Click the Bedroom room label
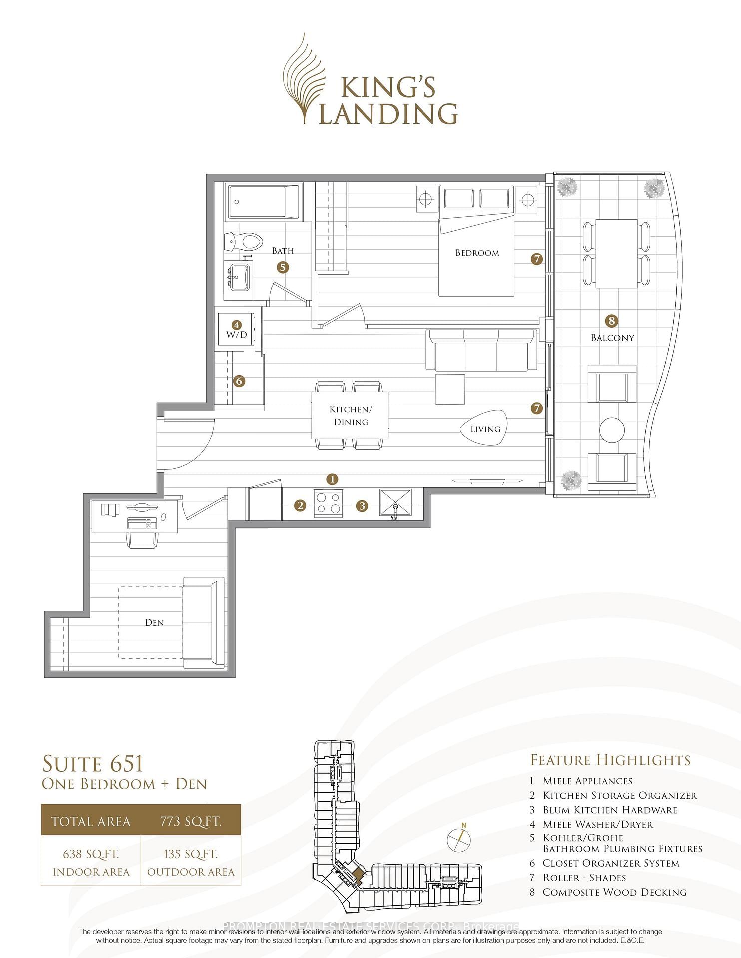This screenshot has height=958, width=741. point(477,253)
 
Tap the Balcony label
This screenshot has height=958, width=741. point(612,338)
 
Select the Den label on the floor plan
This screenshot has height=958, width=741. point(154,622)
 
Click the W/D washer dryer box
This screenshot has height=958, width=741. point(237,330)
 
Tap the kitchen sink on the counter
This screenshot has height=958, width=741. point(395,503)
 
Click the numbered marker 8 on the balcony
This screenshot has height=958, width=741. point(611,321)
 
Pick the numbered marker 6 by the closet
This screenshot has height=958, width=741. point(239,381)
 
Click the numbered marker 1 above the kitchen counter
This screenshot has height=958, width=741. point(332,479)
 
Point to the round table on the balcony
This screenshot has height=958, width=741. point(612,430)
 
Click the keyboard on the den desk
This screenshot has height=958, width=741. point(142,523)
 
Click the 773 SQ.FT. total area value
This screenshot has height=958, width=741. point(191,821)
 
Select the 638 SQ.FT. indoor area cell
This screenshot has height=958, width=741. point(91,862)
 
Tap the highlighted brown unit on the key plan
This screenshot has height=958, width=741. point(357,876)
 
